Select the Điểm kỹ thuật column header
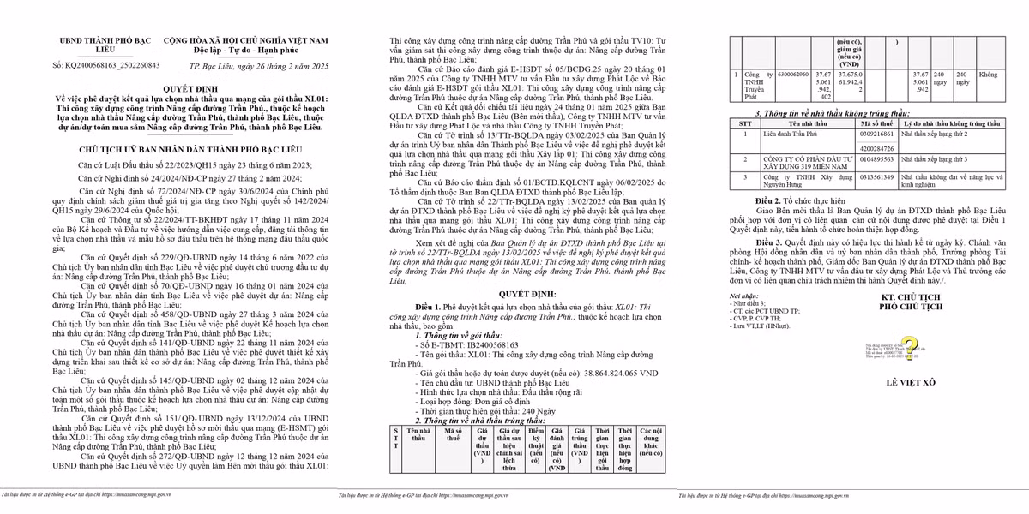tap(537, 447)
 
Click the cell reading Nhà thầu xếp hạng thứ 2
tap(946, 134)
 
